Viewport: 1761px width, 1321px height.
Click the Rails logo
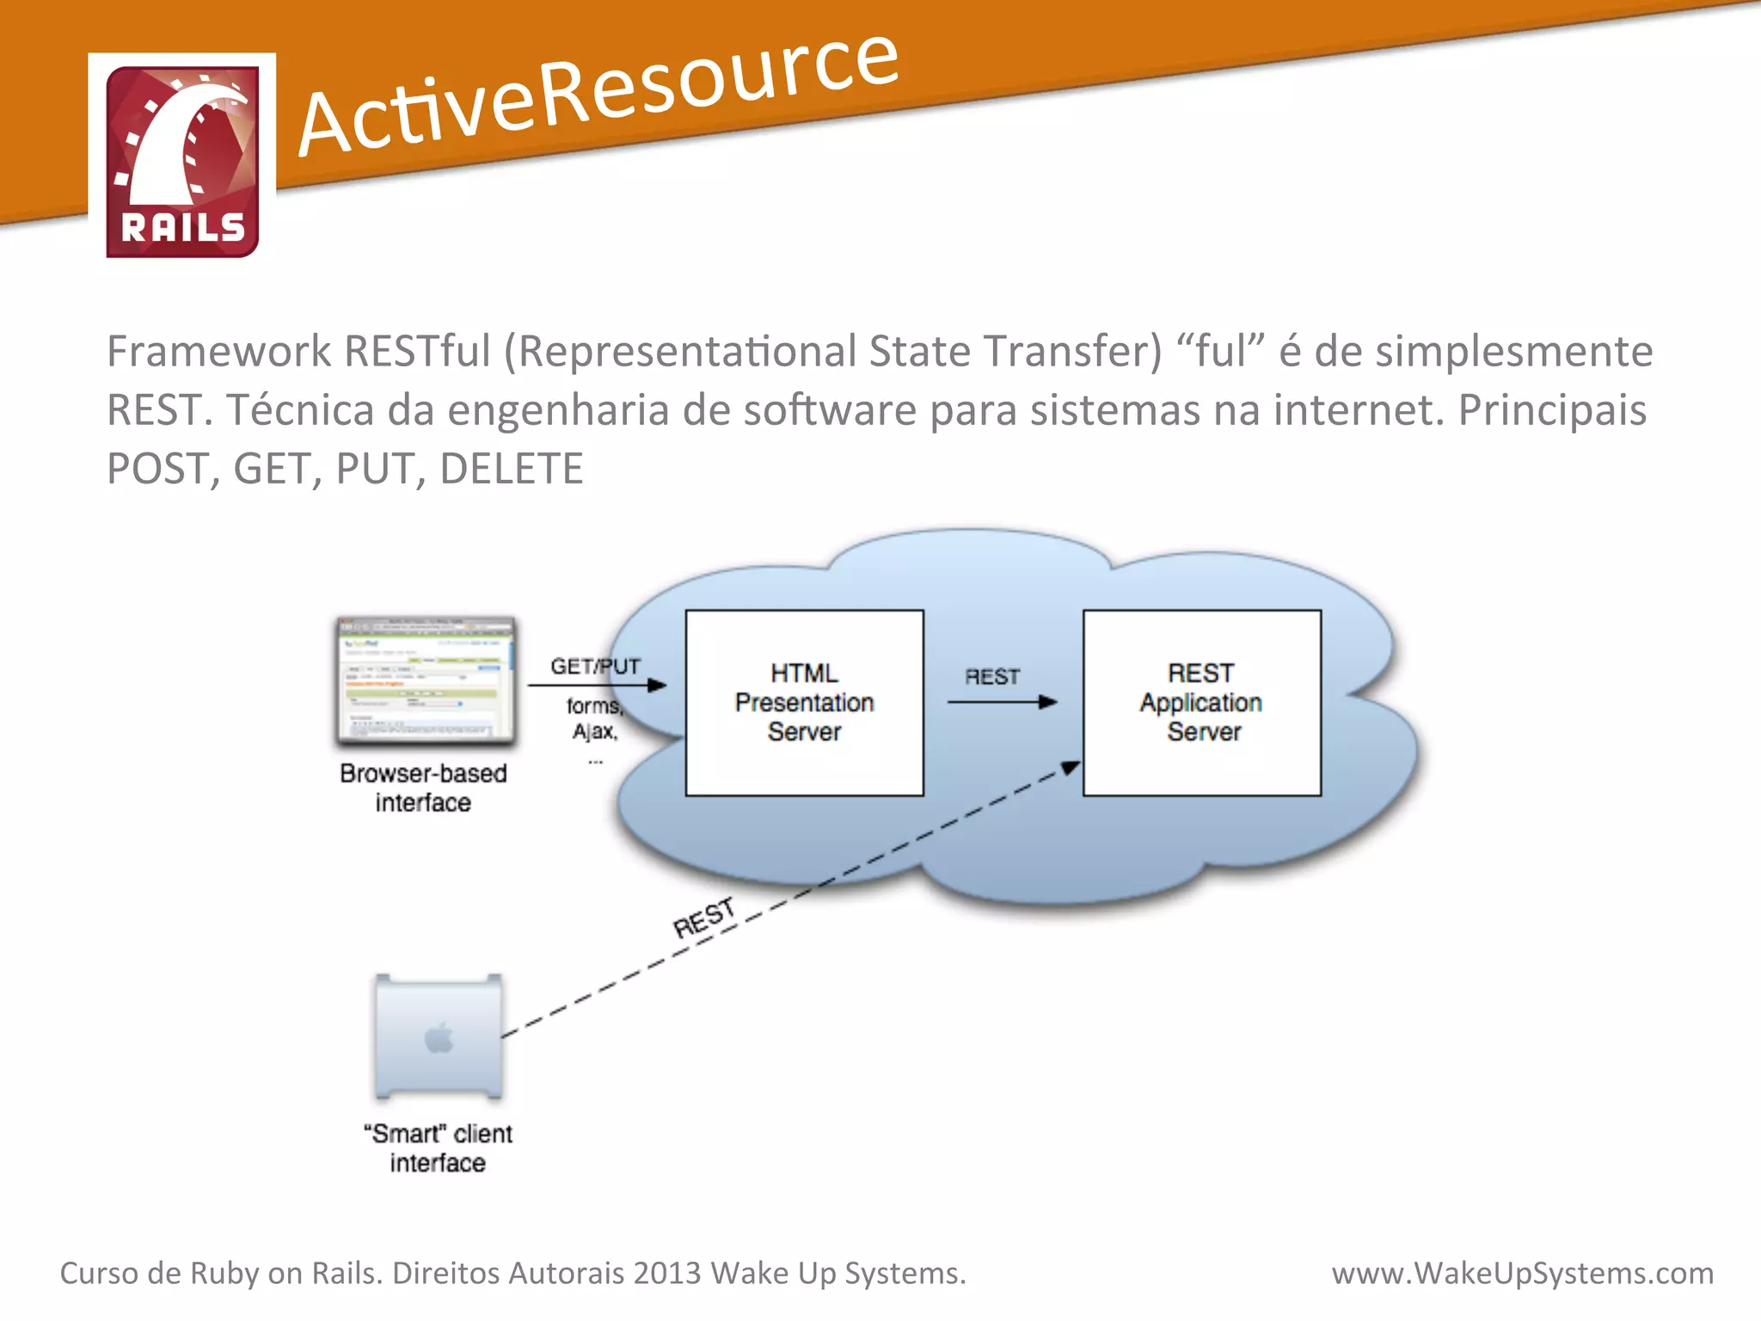[182, 161]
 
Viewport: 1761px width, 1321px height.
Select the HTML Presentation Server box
[804, 703]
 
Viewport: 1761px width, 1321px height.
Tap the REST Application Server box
[1201, 703]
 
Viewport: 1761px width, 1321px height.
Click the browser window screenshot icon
[426, 679]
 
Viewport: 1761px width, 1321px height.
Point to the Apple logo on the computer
[439, 1038]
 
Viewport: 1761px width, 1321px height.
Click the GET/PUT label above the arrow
[595, 667]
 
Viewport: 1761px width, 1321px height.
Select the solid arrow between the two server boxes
[1001, 703]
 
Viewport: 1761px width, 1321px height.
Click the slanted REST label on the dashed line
[704, 918]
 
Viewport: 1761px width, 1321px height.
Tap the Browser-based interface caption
[423, 787]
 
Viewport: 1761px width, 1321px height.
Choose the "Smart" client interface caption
[438, 1148]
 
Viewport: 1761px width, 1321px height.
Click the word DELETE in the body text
[512, 469]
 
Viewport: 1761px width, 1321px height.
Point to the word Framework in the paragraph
[218, 352]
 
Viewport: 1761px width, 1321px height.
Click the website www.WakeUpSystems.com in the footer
[1522, 1273]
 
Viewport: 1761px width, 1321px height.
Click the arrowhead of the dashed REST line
[1071, 766]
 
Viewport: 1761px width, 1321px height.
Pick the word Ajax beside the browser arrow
[595, 732]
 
